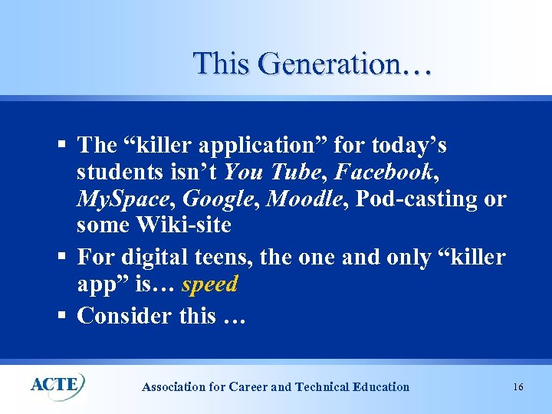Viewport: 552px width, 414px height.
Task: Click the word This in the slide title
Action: [x=222, y=63]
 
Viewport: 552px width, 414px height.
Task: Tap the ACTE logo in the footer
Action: [x=58, y=384]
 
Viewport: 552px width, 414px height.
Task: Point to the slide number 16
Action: [x=518, y=387]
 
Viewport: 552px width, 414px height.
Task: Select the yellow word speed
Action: [x=210, y=284]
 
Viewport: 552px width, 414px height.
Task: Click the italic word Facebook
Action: [x=383, y=171]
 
